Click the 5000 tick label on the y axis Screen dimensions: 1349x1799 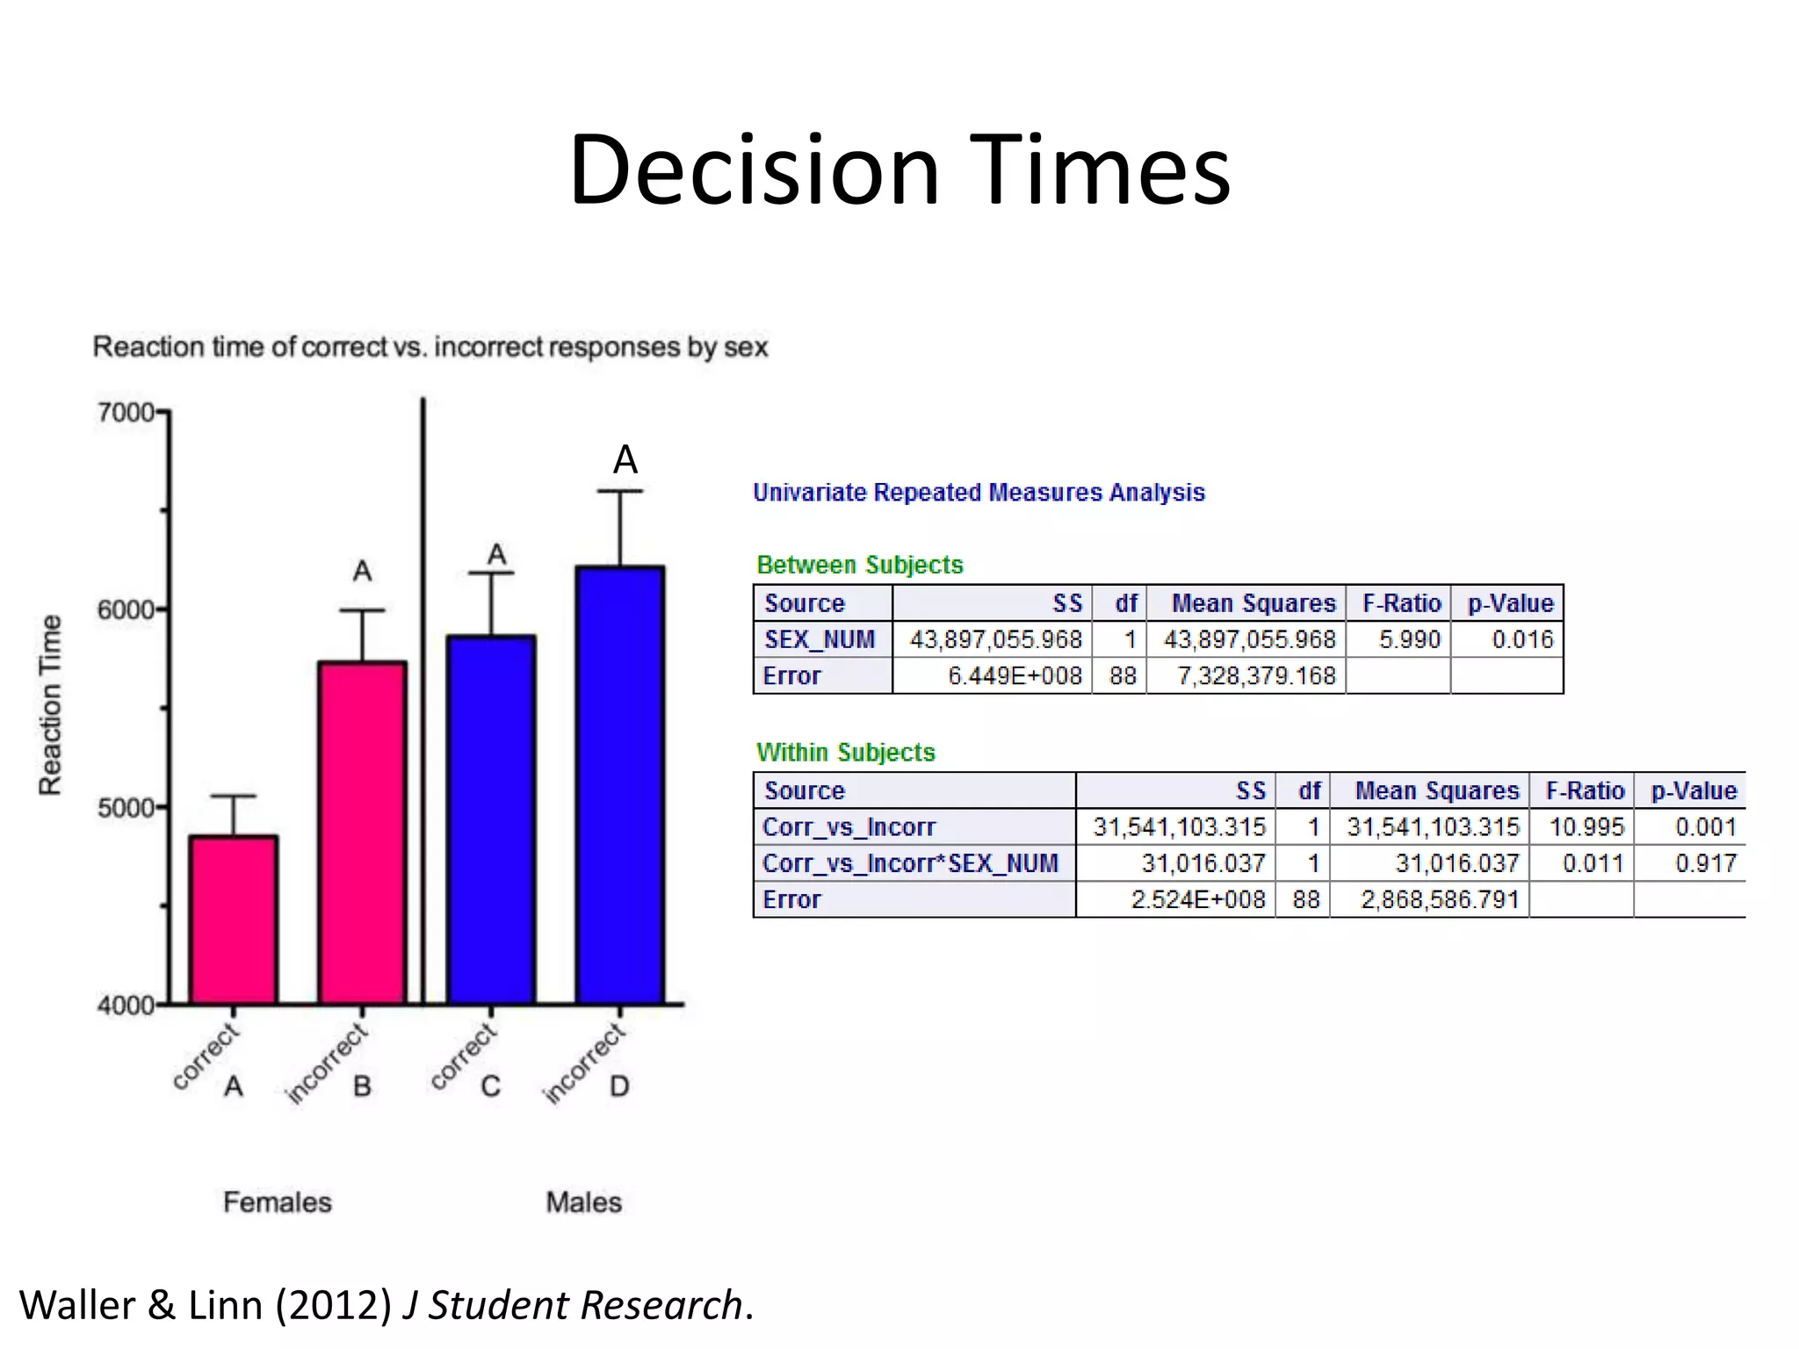(126, 807)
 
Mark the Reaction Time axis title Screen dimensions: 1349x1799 (51, 705)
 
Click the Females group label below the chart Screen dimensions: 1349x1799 (278, 1202)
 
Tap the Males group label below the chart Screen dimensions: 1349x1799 (583, 1202)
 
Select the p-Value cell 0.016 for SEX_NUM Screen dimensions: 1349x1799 (1522, 639)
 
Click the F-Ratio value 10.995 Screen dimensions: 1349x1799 (1586, 826)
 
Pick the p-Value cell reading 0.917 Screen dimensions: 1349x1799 (1705, 863)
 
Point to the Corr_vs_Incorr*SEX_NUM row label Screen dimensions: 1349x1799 (910, 863)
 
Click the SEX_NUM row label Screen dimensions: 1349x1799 (820, 639)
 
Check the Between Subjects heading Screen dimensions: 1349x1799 (860, 565)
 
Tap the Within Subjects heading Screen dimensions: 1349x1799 (846, 752)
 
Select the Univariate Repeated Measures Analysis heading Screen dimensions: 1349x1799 (979, 493)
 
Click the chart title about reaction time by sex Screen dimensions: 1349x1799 (430, 347)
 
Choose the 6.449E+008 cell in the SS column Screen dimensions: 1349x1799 (1015, 675)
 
